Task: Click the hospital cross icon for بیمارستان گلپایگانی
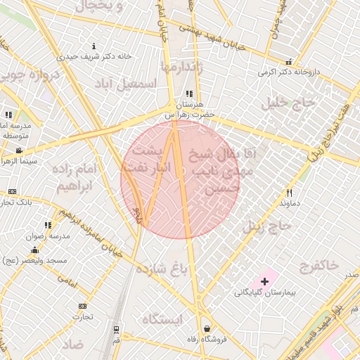click(264, 281)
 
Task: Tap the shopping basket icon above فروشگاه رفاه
click(207, 328)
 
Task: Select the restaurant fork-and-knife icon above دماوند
click(288, 193)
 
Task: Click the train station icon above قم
click(115, 329)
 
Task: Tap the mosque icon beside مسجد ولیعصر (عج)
click(34, 251)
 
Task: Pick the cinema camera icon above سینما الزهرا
click(19, 150)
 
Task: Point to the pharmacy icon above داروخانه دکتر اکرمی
click(288, 62)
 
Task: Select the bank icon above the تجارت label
click(82, 307)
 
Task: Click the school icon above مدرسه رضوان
click(48, 226)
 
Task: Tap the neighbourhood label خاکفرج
click(319, 265)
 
